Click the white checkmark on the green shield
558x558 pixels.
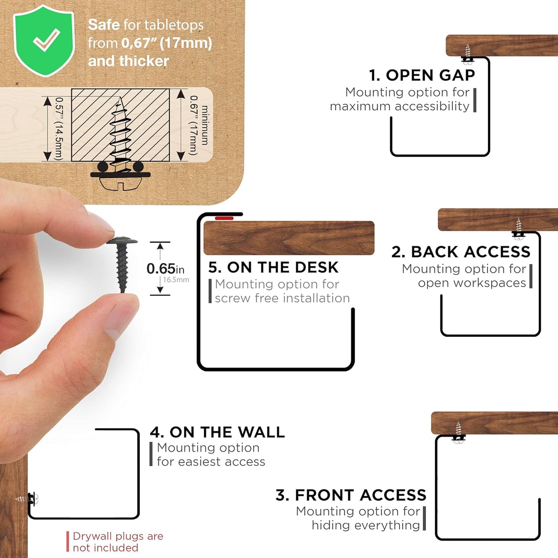pyautogui.click(x=47, y=40)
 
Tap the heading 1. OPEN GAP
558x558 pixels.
pyautogui.click(x=422, y=75)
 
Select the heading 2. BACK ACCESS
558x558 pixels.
pyautogui.click(x=461, y=252)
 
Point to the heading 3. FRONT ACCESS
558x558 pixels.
pyautogui.click(x=351, y=495)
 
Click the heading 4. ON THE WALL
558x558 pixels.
pyautogui.click(x=217, y=432)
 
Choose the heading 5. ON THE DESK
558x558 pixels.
pyautogui.click(x=273, y=267)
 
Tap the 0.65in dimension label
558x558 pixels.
pyautogui.click(x=165, y=269)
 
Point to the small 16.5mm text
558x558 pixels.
pyautogui.click(x=176, y=280)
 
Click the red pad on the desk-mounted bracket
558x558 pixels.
pyautogui.click(x=224, y=218)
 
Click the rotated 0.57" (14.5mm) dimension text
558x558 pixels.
pyautogui.click(x=59, y=129)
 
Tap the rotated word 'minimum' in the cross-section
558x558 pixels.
pyautogui.click(x=205, y=125)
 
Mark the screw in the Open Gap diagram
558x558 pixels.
pyautogui.click(x=468, y=54)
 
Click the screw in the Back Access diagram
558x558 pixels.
pyautogui.click(x=519, y=229)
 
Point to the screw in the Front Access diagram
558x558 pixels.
pyautogui.click(x=458, y=433)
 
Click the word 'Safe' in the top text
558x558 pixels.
pyautogui.click(x=103, y=25)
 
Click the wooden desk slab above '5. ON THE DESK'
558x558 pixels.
pyautogui.click(x=289, y=238)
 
